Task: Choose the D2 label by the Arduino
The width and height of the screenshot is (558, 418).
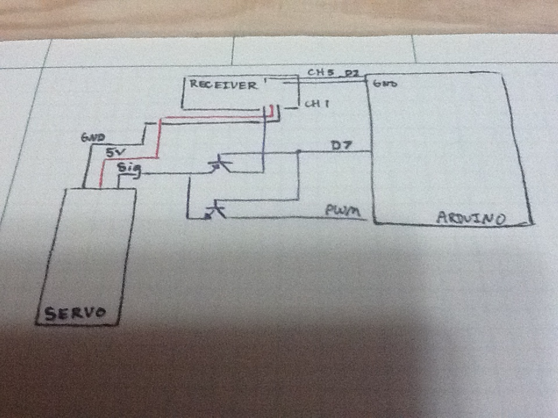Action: coord(353,74)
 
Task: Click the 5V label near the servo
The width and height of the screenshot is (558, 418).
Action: coord(113,153)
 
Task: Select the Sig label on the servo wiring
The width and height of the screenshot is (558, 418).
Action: coord(128,168)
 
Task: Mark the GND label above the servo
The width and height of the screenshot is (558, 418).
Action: coord(93,138)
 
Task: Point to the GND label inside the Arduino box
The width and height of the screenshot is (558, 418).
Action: coord(385,84)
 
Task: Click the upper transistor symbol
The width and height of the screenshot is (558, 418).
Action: coord(220,164)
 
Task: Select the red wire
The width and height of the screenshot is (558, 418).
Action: coord(158,139)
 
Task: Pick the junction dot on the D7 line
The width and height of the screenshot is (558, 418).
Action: coord(298,152)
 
